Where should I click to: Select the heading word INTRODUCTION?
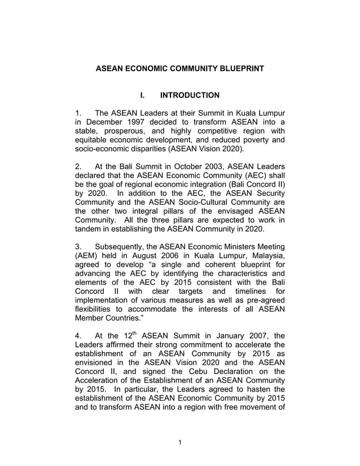(190, 95)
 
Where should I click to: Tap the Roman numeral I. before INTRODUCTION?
(144, 95)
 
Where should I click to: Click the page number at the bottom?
(179, 442)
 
